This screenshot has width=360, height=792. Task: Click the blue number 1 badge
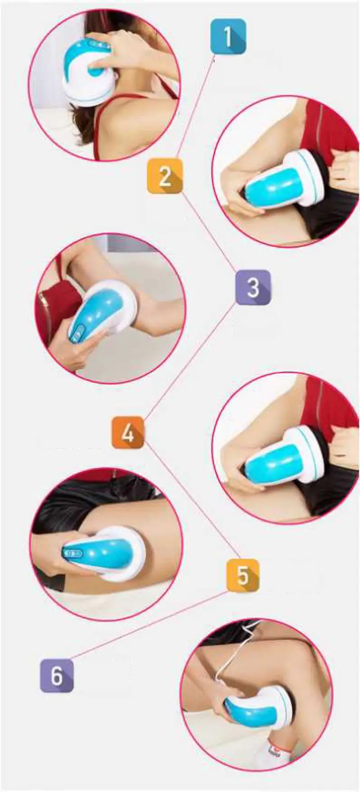click(x=228, y=36)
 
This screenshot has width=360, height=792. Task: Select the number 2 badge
click(x=165, y=176)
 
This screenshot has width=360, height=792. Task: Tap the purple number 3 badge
click(x=253, y=287)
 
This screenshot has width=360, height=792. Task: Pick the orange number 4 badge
click(x=128, y=432)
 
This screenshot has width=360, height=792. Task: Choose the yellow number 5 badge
click(x=243, y=575)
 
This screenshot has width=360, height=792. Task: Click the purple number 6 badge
click(x=57, y=675)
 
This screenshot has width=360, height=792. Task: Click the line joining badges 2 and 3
click(x=209, y=231)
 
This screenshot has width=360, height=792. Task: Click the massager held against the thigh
click(x=103, y=553)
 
